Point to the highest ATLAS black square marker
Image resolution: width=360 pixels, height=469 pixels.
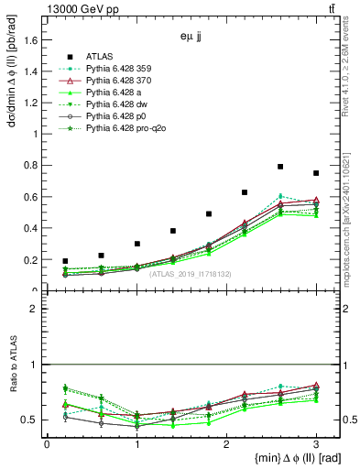[280, 167]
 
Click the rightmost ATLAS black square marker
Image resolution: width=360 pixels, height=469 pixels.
[316, 173]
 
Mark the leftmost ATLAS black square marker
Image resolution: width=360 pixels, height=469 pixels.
[65, 261]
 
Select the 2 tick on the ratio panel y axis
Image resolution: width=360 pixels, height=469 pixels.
[39, 309]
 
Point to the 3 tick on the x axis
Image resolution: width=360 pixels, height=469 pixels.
[316, 444]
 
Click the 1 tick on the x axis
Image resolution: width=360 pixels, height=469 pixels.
[136, 444]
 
